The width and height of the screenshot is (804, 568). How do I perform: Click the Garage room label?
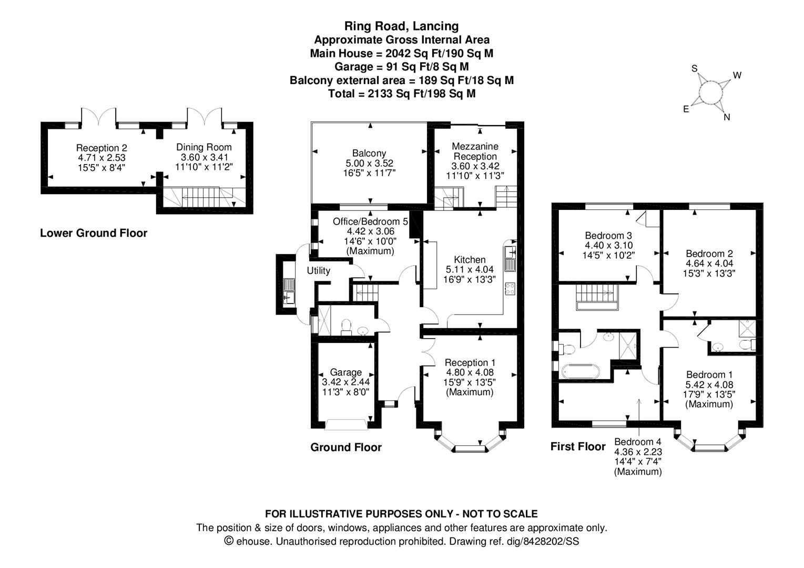(345, 372)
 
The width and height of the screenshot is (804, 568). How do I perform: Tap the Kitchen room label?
(470, 260)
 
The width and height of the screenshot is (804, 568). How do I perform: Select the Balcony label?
(369, 153)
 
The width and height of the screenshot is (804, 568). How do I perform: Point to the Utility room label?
(319, 271)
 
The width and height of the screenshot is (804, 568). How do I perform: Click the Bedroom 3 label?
(608, 236)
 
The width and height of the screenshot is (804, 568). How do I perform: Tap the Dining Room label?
(203, 147)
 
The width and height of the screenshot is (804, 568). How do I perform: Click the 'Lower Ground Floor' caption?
(94, 233)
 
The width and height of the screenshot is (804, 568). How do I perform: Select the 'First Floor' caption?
(578, 447)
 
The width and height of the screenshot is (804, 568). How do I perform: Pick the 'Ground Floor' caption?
(346, 448)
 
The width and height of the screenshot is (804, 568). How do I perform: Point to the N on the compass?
(727, 117)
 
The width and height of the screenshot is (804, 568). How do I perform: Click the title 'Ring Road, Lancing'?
(401, 26)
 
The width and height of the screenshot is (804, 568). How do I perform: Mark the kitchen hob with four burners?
(510, 288)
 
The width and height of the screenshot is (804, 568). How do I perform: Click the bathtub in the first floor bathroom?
(580, 371)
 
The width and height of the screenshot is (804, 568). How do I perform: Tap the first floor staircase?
(596, 295)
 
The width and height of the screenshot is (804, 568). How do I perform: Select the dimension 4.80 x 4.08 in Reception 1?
(470, 372)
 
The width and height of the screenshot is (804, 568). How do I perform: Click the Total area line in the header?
(401, 94)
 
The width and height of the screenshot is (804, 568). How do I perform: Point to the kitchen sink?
(510, 258)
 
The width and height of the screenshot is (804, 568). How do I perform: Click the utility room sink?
(288, 292)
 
